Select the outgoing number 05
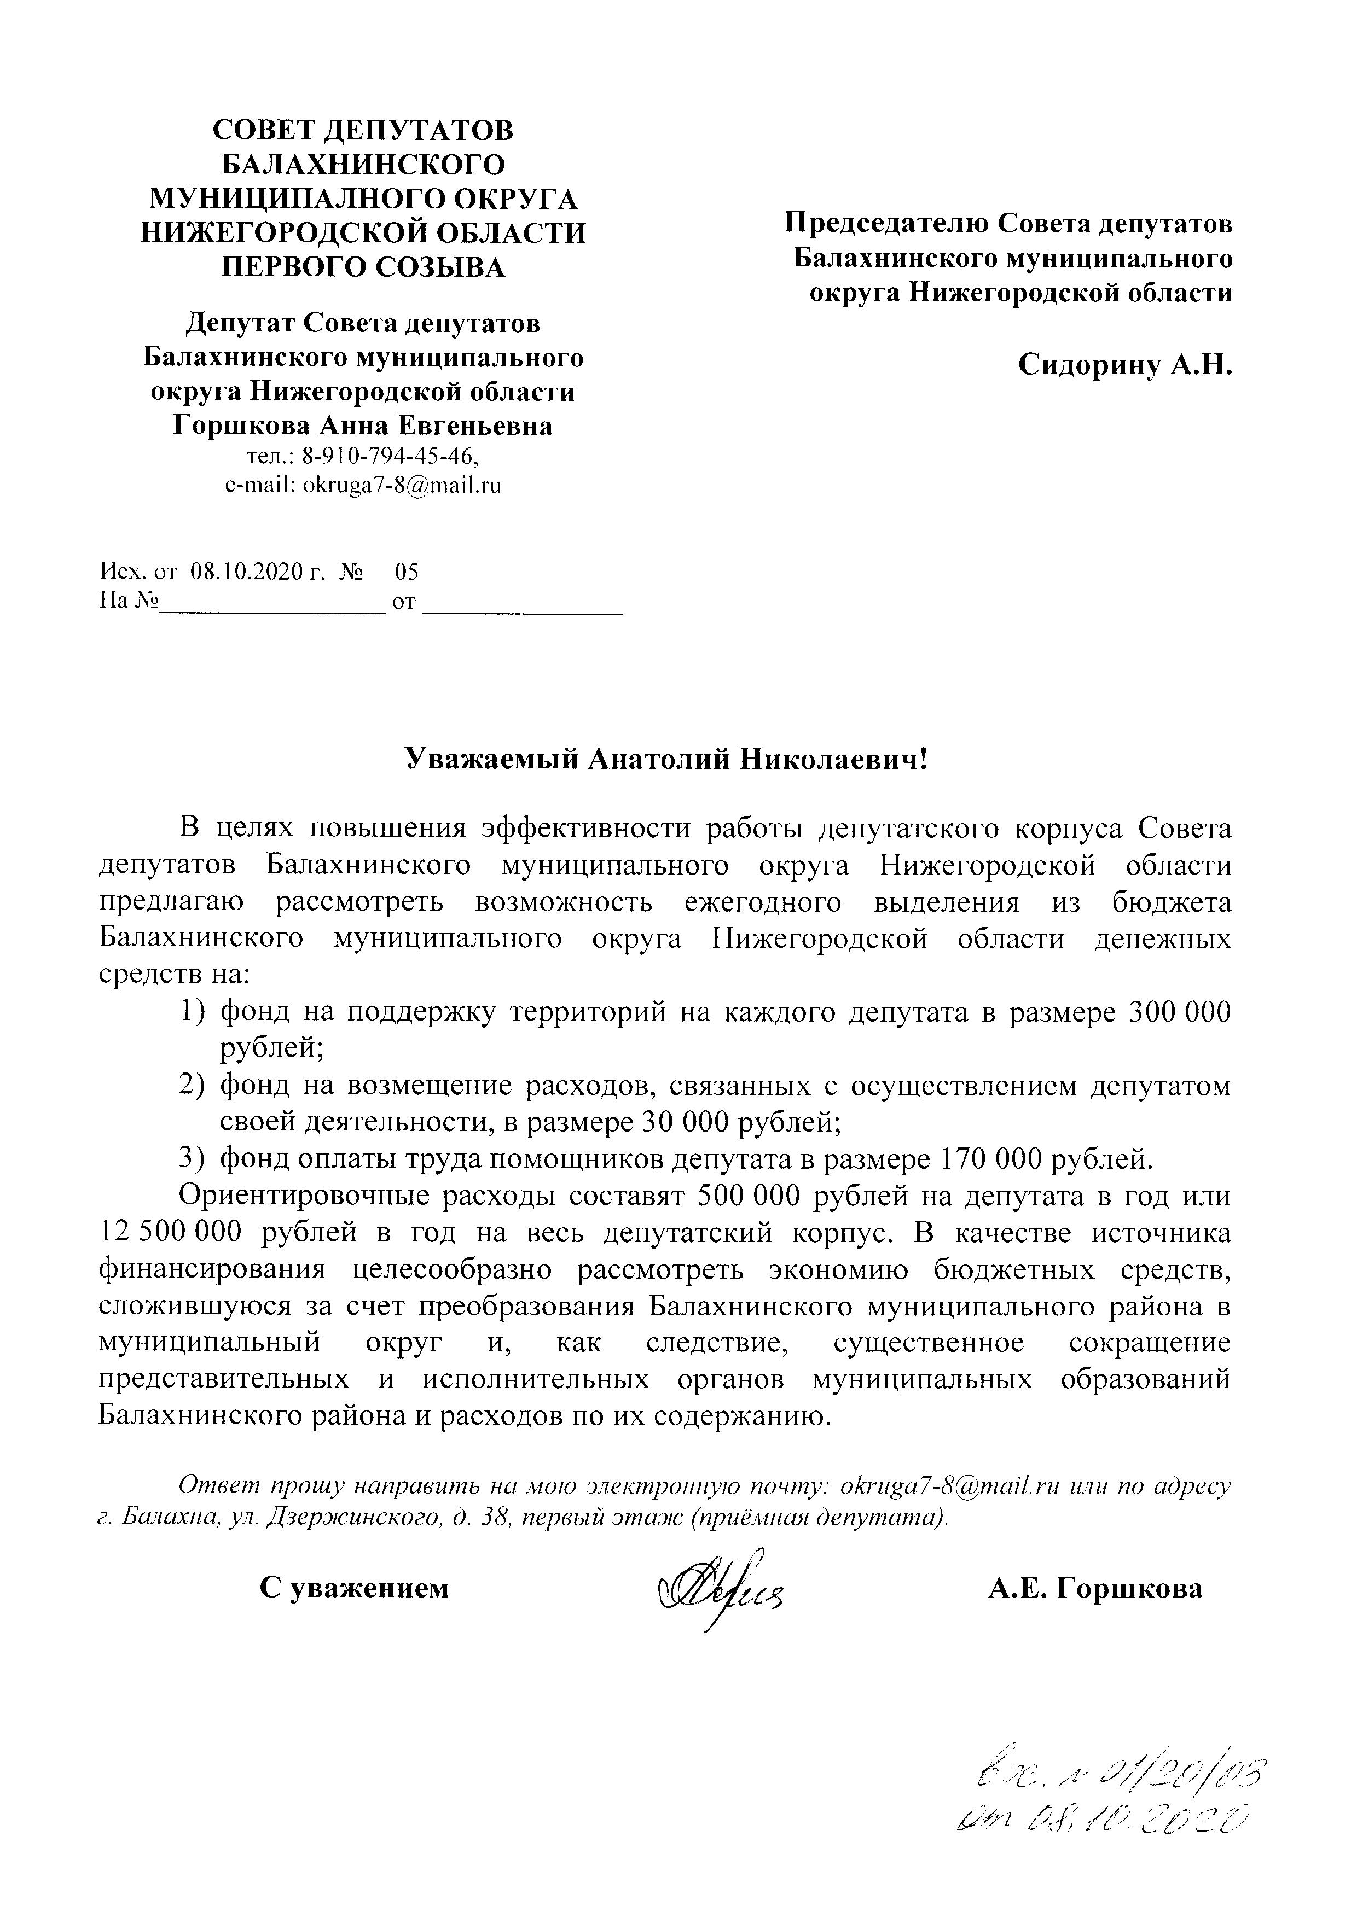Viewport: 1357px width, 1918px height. point(407,572)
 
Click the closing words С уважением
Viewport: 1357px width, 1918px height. point(353,1588)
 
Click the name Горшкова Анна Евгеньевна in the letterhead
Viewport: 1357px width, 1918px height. point(363,426)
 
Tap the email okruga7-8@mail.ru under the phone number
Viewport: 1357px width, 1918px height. point(401,485)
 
